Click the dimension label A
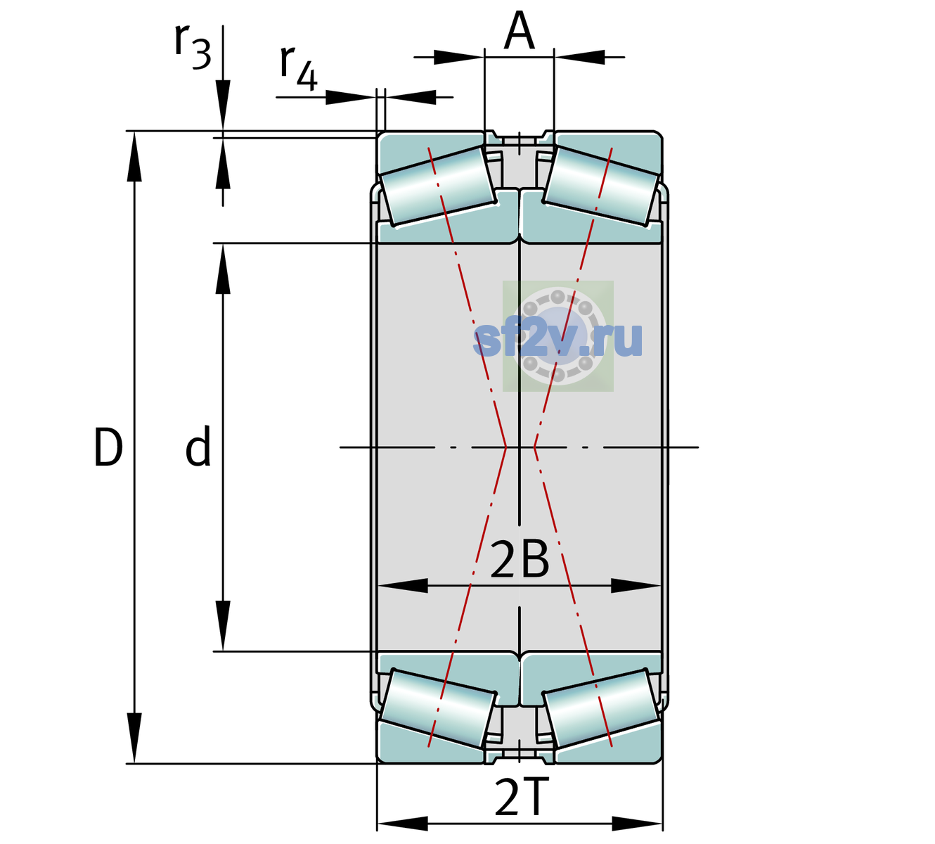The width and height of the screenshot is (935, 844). (519, 30)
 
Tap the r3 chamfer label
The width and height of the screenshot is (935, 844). (193, 46)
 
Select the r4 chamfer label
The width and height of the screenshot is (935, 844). (299, 68)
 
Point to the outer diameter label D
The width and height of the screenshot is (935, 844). (108, 447)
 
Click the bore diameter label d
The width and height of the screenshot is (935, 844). (198, 446)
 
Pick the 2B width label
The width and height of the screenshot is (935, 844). (520, 561)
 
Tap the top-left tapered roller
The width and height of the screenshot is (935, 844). (439, 186)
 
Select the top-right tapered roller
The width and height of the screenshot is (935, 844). (601, 186)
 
